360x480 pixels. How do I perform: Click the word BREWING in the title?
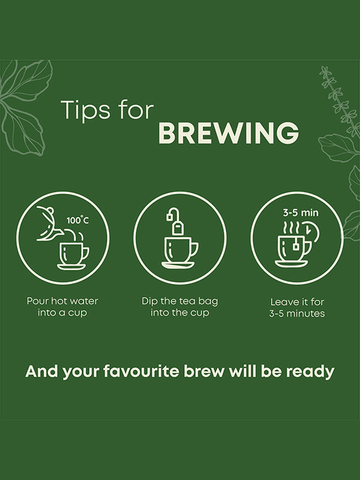229,133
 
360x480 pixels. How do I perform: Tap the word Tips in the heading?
86,110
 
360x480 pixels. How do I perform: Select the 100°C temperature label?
78,220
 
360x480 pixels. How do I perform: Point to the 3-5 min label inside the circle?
301,212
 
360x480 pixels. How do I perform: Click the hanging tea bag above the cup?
175,221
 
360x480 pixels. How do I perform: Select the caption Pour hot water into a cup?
62,307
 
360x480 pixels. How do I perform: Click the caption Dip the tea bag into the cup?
179,307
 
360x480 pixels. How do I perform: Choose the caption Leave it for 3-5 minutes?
297,308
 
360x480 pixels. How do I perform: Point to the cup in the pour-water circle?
73,256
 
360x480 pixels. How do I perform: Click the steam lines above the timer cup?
291,227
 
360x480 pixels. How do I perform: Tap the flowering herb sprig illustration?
338,101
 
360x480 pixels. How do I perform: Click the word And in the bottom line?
41,371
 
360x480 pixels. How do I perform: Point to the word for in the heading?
136,110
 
